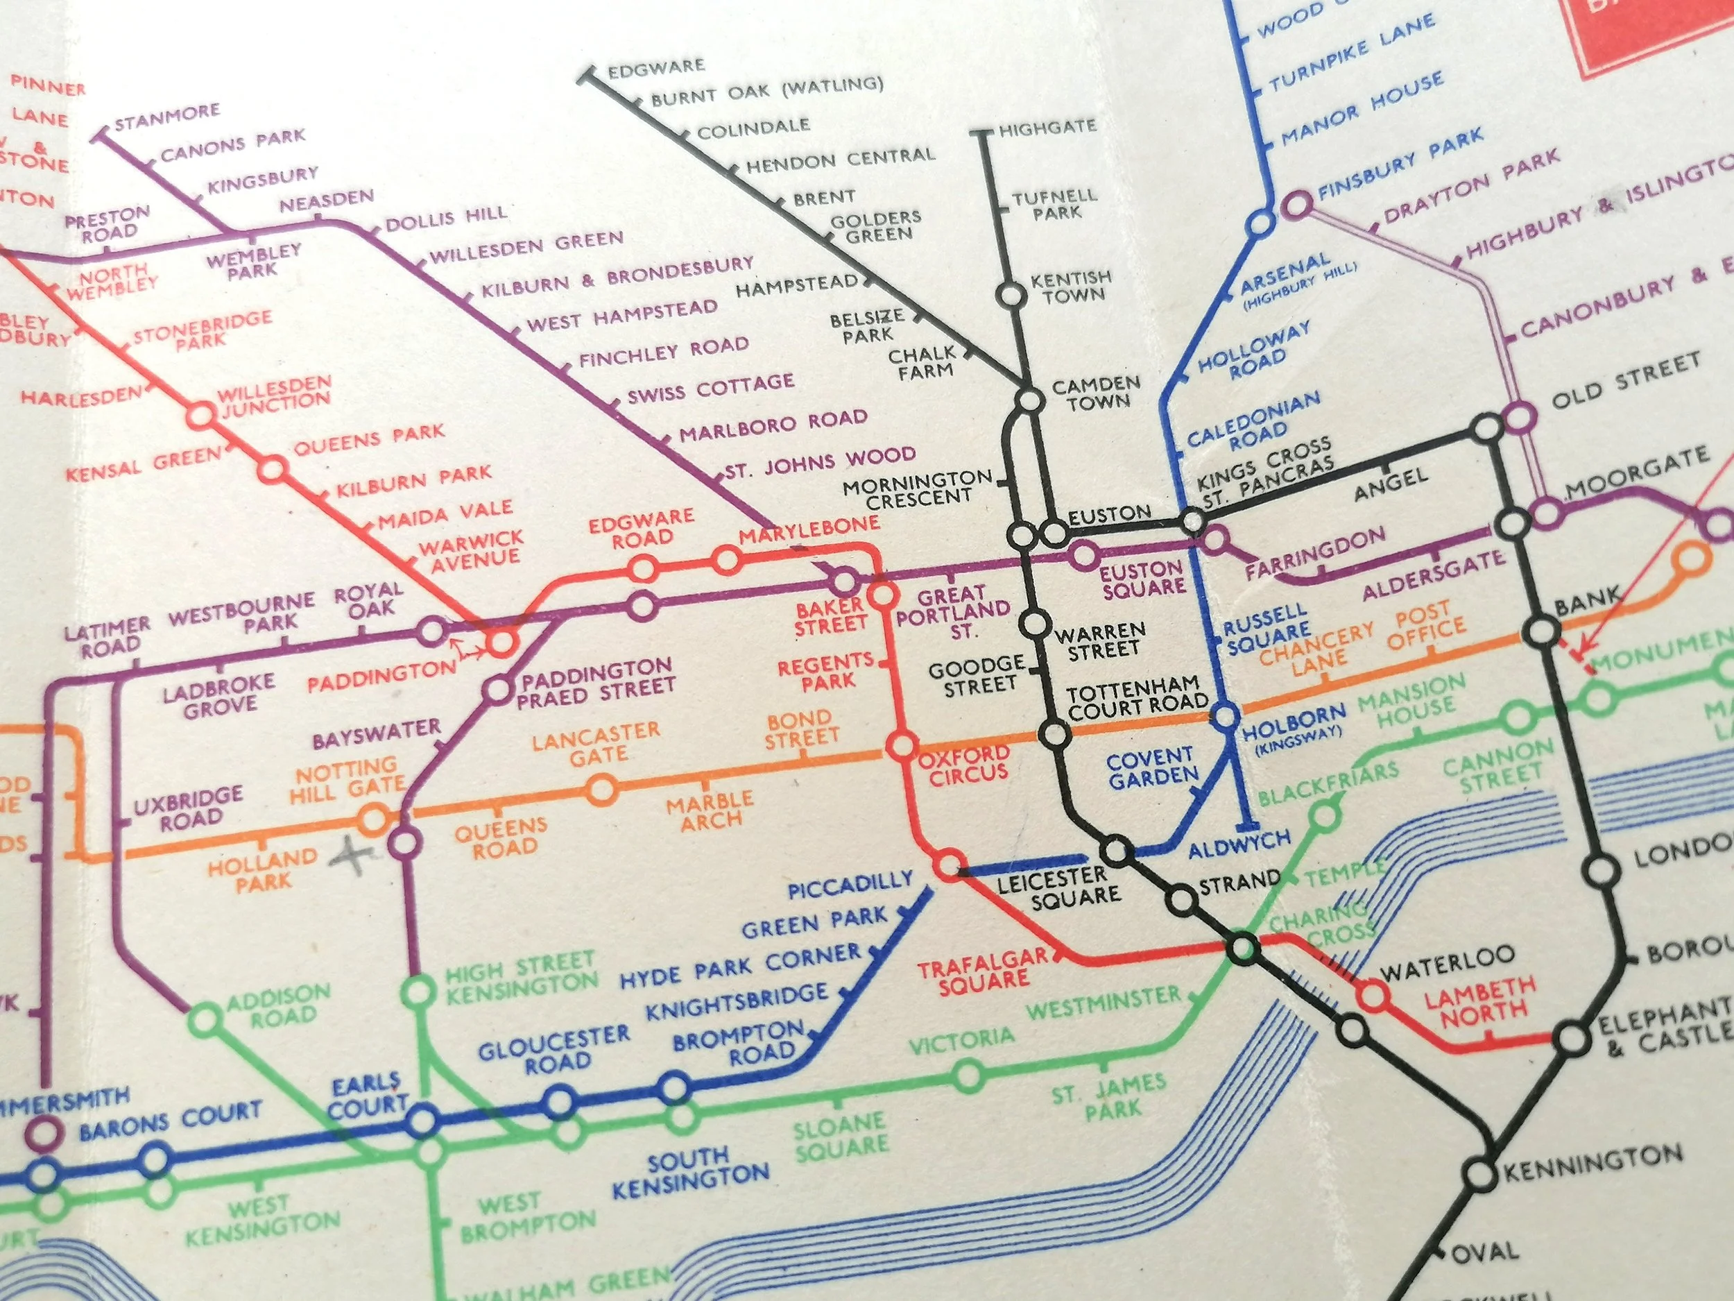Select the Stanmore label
(x=167, y=116)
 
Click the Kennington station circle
(x=1480, y=1174)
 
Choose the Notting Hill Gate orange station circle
(x=373, y=820)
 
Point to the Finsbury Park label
(x=1401, y=164)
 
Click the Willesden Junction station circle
(x=200, y=415)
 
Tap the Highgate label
(x=1047, y=128)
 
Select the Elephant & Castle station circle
(x=1572, y=1039)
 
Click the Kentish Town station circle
(x=1011, y=296)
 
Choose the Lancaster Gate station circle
(x=601, y=790)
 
